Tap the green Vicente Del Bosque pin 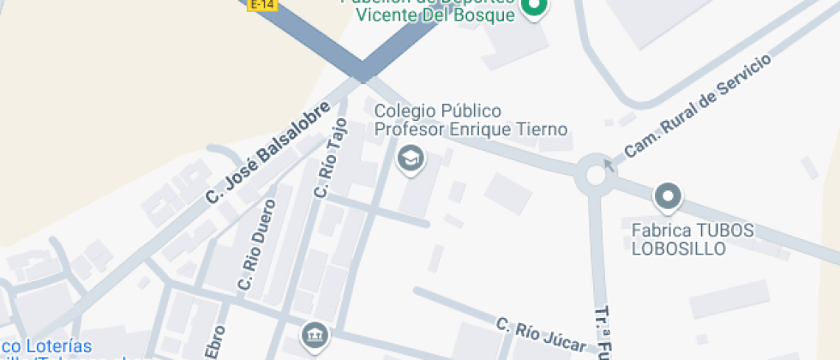click(535, 9)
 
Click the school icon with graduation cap click(411, 159)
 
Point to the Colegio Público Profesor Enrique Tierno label click(471, 121)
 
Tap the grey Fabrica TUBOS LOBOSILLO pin click(667, 198)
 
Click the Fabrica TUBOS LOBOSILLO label click(693, 239)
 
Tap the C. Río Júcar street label click(542, 335)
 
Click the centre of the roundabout click(595, 176)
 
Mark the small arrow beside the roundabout click(609, 163)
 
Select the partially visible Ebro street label click(216, 342)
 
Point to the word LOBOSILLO click(679, 249)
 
